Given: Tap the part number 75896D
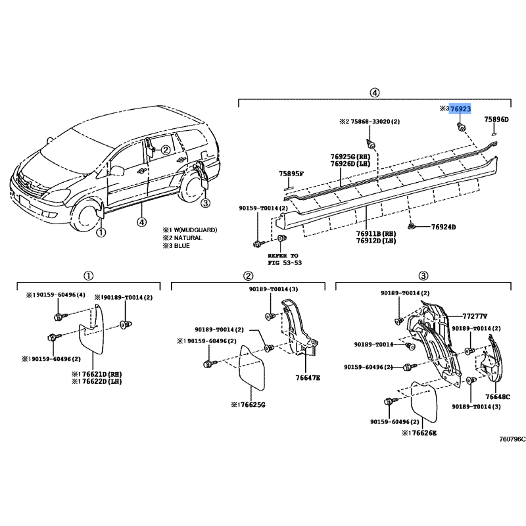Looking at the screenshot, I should pos(496,120).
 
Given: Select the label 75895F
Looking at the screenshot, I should pos(291,174).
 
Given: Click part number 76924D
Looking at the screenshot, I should pos(443,227).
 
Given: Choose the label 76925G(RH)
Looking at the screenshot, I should pos(350,156).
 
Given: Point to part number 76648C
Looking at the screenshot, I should pos(497,396).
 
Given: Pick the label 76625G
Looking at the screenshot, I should pos(247,405).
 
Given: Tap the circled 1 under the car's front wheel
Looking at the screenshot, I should pos(101,232).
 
